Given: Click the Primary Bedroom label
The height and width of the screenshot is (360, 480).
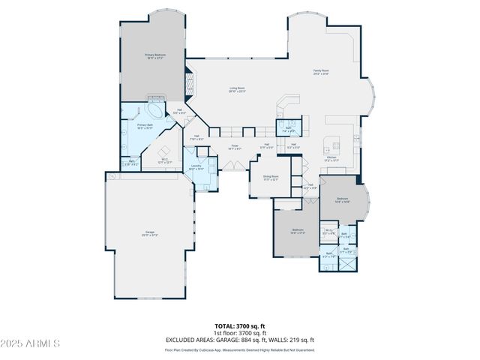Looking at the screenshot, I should pyautogui.click(x=155, y=56).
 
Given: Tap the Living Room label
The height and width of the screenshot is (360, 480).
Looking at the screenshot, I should pyautogui.click(x=237, y=89).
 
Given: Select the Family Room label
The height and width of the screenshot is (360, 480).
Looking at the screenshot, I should pyautogui.click(x=321, y=73).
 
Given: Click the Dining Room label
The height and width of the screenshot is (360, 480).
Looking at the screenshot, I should pyautogui.click(x=270, y=179).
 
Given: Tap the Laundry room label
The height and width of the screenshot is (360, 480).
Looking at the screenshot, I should pyautogui.click(x=196, y=167).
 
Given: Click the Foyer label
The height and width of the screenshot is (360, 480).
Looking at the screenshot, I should pyautogui.click(x=235, y=147).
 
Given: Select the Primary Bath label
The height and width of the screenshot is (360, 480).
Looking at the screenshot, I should pyautogui.click(x=145, y=127).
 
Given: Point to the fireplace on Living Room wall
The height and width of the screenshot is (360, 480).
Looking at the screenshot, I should pyautogui.click(x=189, y=79).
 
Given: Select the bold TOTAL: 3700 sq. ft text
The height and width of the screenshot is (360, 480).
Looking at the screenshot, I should pyautogui.click(x=239, y=326).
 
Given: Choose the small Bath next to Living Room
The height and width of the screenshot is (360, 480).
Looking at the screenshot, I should pyautogui.click(x=287, y=128).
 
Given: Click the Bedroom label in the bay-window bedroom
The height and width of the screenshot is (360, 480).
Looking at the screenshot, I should pyautogui.click(x=341, y=200).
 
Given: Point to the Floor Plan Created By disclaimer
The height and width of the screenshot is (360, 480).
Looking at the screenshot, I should pyautogui.click(x=239, y=349).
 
